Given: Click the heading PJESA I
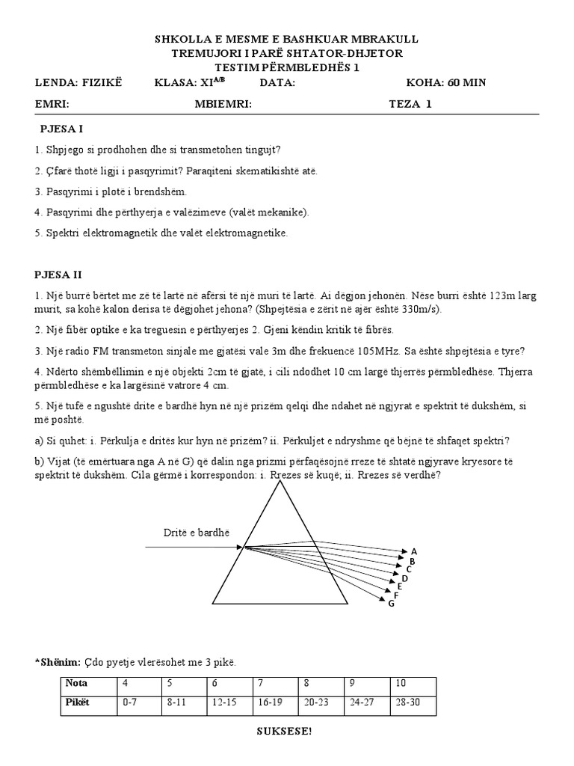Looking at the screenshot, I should click(61, 129).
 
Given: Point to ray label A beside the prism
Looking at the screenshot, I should click(413, 551).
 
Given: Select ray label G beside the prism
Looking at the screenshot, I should click(391, 604).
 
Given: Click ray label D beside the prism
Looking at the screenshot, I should click(404, 578).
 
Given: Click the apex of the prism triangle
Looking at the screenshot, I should click(283, 482).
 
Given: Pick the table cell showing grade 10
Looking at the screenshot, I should click(401, 683).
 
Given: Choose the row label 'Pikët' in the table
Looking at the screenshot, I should click(77, 703).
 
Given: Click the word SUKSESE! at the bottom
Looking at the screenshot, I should click(286, 731).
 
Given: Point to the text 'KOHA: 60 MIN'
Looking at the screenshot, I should click(445, 82).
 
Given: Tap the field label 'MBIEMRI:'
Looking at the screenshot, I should click(223, 104).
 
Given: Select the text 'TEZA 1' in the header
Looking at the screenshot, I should click(410, 104).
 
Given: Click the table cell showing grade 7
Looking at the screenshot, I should click(261, 683).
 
